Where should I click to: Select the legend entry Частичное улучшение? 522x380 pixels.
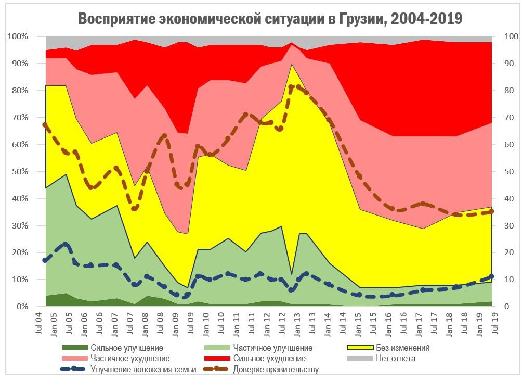272,348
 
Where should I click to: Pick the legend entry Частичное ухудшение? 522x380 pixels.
130,359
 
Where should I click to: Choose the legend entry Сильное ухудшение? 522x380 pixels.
269,359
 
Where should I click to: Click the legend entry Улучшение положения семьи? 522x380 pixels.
143,370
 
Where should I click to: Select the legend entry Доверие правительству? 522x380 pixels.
276,370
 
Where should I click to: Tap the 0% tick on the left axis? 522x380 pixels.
21,307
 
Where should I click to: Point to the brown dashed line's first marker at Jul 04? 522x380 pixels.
45,125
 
